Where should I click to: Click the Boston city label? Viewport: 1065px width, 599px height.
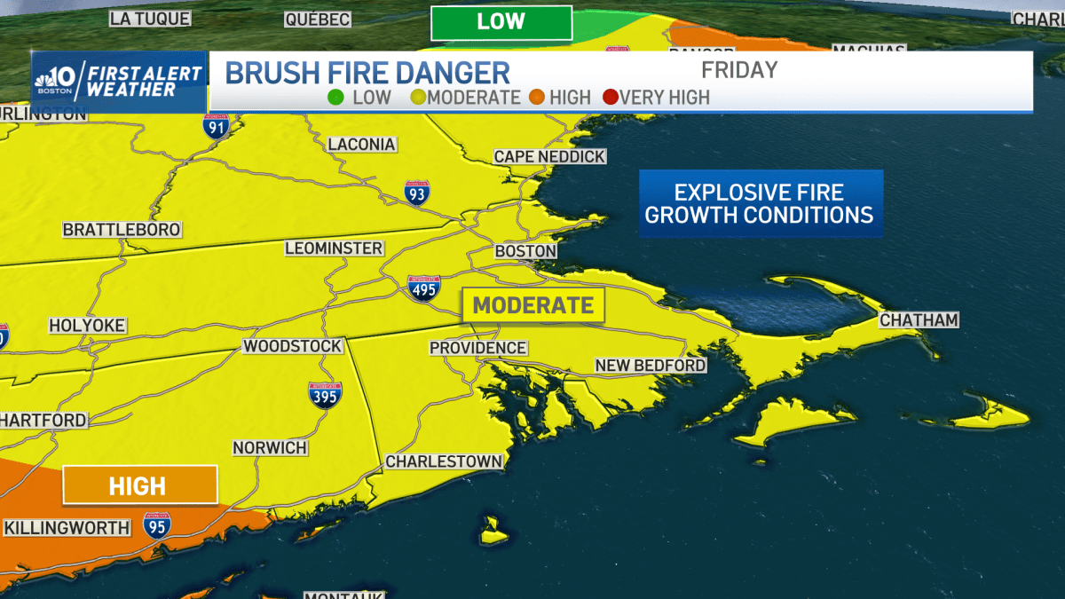[x=525, y=251]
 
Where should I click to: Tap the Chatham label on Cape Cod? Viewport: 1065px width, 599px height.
[x=919, y=320]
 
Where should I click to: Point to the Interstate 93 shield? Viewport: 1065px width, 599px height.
[x=416, y=192]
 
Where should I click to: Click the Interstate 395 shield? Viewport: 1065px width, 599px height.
[x=326, y=395]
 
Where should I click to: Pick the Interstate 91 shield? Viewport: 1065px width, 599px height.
[x=215, y=126]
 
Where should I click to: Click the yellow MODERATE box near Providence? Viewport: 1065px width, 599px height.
[x=532, y=305]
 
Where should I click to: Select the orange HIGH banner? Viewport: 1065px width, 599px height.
[x=139, y=485]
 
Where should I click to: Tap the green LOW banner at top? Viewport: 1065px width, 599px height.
[x=501, y=22]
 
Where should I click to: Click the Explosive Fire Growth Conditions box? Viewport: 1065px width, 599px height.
[x=760, y=204]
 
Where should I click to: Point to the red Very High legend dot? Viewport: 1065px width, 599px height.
[x=610, y=98]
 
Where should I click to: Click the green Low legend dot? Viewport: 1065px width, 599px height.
[x=335, y=98]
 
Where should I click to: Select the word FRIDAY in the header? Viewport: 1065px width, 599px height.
[x=738, y=70]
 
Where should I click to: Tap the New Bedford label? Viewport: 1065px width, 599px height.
[x=650, y=366]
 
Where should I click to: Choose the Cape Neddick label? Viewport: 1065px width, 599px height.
[x=549, y=156]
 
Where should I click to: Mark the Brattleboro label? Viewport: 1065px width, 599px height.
[x=122, y=230]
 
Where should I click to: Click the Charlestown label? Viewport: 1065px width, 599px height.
[x=444, y=461]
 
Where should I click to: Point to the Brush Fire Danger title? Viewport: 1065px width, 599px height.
[x=367, y=73]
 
